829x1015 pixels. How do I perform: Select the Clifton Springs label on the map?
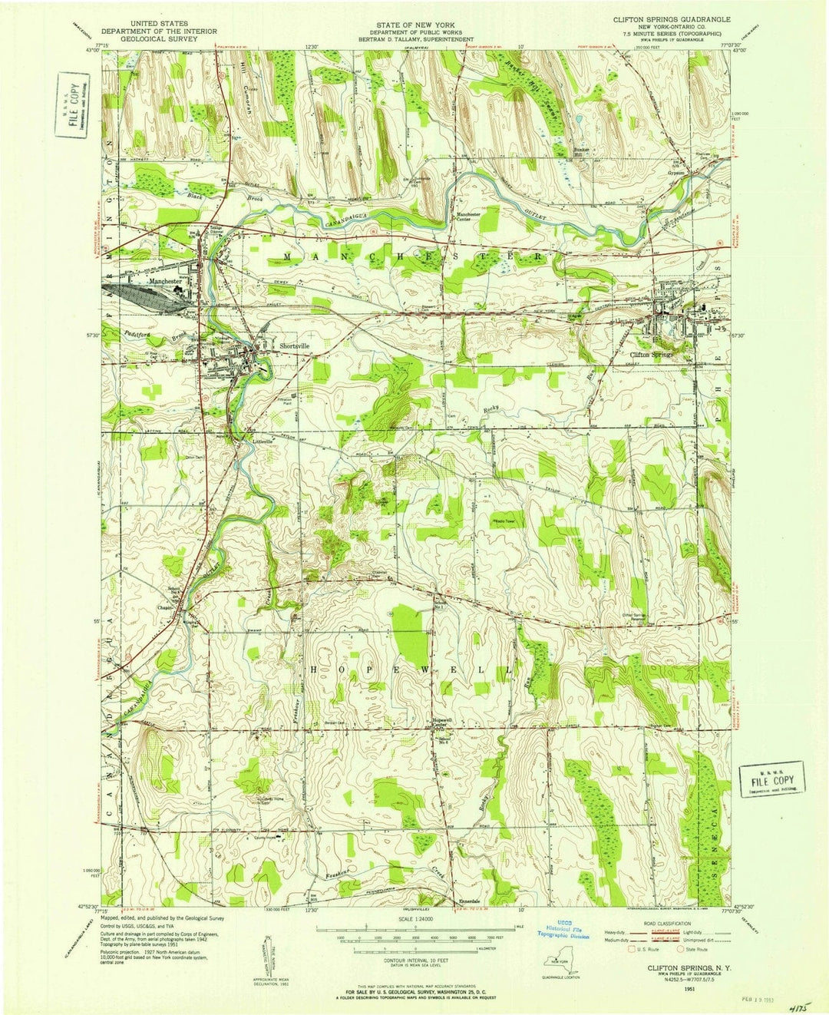pos(651,355)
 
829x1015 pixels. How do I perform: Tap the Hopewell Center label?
pos(443,724)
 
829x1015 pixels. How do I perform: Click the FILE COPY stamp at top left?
pos(74,106)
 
